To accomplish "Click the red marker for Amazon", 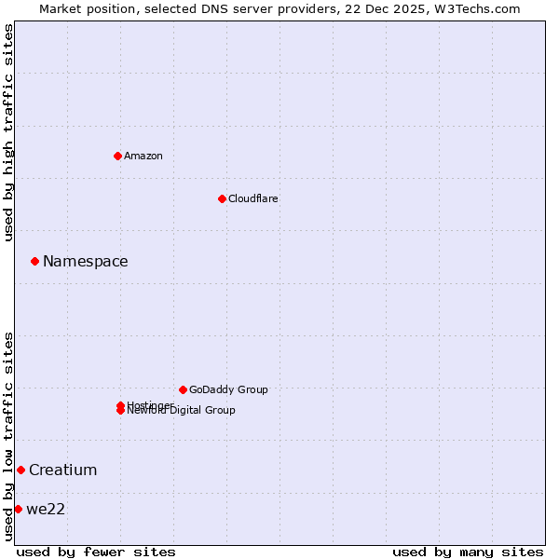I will [117, 156].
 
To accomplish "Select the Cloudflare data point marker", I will [222, 198].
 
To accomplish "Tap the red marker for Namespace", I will [34, 262].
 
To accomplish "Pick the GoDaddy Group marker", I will [183, 389].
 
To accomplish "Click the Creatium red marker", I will [20, 470].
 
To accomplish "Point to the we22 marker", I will [18, 509].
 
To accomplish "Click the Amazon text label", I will [143, 156].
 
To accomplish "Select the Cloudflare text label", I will [253, 198].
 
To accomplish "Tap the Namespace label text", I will [86, 262].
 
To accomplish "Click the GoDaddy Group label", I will [228, 389].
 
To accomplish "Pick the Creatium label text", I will [63, 470].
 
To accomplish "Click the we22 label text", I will [46, 509].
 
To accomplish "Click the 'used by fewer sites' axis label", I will [96, 552].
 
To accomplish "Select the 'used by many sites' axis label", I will [468, 552].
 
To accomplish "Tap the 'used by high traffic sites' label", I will [9, 132].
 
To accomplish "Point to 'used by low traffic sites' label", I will [9, 435].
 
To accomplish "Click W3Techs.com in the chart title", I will [475, 8].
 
